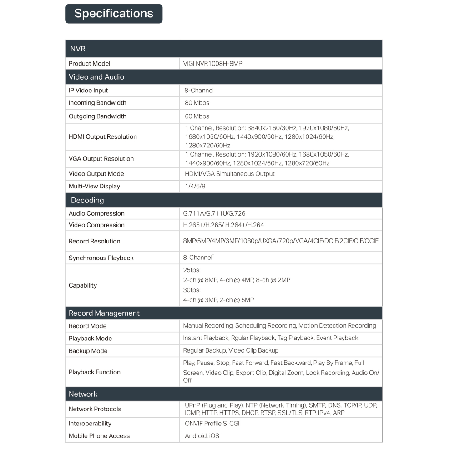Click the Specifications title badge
tap(114, 14)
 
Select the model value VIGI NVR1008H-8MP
tap(212, 64)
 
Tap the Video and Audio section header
tap(96, 77)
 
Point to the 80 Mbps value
tap(197, 103)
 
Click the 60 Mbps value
tap(197, 116)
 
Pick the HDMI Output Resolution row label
tap(103, 137)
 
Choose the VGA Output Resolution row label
tap(101, 159)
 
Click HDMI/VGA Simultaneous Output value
tap(230, 174)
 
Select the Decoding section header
tap(87, 200)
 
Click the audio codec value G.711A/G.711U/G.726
tap(215, 213)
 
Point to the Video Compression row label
tap(96, 225)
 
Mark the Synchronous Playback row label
tap(101, 258)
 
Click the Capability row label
tap(83, 285)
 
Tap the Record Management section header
tap(104, 313)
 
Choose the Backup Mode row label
tap(88, 351)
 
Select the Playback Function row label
tap(95, 372)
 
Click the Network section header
tap(83, 394)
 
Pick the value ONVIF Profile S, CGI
tap(212, 424)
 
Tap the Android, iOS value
tap(202, 436)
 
